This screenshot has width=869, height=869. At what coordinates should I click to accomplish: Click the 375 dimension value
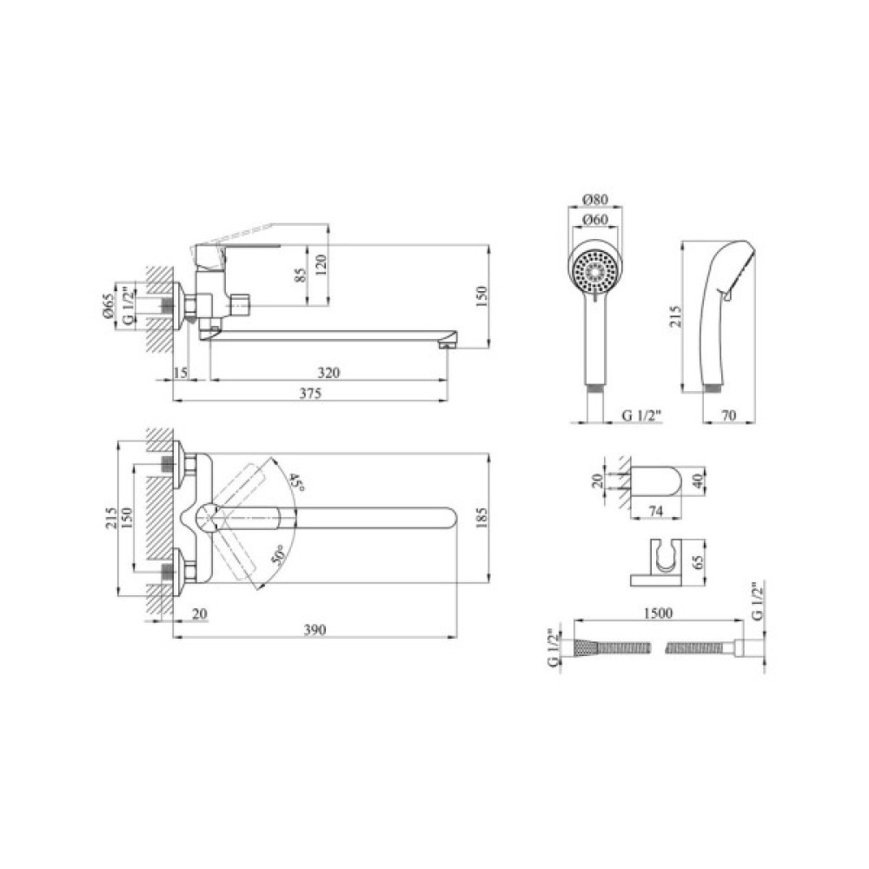[310, 394]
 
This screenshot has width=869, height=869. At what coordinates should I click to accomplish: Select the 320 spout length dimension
[328, 373]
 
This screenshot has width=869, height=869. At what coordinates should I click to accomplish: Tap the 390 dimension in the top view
[315, 630]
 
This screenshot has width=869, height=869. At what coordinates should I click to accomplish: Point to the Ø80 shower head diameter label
[596, 199]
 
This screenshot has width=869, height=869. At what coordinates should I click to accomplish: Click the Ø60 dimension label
[596, 220]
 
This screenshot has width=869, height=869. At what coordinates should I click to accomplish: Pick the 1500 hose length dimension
[659, 613]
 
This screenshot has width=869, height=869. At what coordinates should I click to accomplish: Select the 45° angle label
[296, 482]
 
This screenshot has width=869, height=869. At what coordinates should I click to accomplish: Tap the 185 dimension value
[481, 518]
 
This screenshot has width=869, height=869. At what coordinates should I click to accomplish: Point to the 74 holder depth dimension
[655, 512]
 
